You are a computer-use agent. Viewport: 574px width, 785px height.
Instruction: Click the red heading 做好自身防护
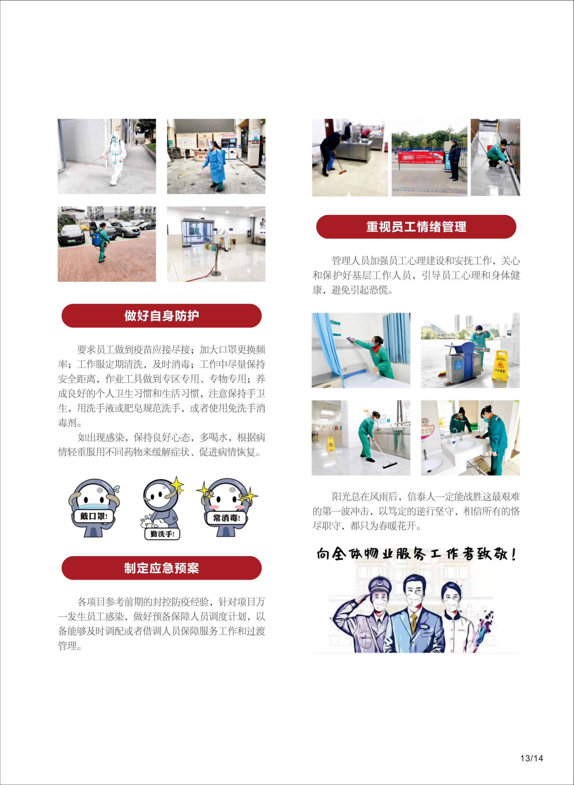pyautogui.click(x=161, y=315)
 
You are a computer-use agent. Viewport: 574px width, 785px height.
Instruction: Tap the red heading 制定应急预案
pyautogui.click(x=161, y=568)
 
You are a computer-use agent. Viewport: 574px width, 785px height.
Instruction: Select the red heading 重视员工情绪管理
pyautogui.click(x=416, y=226)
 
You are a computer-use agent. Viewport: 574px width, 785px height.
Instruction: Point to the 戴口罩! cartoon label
pyautogui.click(x=93, y=516)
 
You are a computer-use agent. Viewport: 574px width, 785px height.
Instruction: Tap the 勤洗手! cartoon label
pyautogui.click(x=162, y=534)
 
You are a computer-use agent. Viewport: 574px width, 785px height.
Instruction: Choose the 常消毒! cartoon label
pyautogui.click(x=226, y=518)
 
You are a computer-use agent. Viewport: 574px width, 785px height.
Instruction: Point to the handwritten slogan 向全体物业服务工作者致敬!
pyautogui.click(x=416, y=554)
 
